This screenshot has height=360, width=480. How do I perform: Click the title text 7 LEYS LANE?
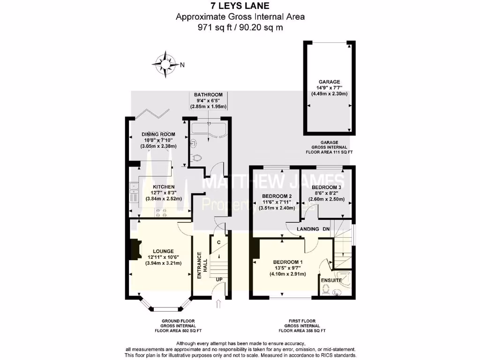pyautogui.click(x=240, y=6)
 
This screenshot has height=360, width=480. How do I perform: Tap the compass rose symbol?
pyautogui.click(x=165, y=62)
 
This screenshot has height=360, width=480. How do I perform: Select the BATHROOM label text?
pyautogui.click(x=208, y=95)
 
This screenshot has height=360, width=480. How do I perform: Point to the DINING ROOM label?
pyautogui.click(x=158, y=135)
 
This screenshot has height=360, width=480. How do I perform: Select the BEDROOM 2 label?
pyautogui.click(x=277, y=196)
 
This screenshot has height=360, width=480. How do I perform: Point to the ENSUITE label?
pyautogui.click(x=331, y=280)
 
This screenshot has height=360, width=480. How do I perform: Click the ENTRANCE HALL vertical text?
pyautogui.click(x=200, y=266)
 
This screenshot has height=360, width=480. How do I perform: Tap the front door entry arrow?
pyautogui.click(x=218, y=305)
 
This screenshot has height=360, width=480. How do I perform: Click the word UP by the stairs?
pyautogui.click(x=219, y=279)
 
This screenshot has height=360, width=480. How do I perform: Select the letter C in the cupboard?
pyautogui.click(x=218, y=242)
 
